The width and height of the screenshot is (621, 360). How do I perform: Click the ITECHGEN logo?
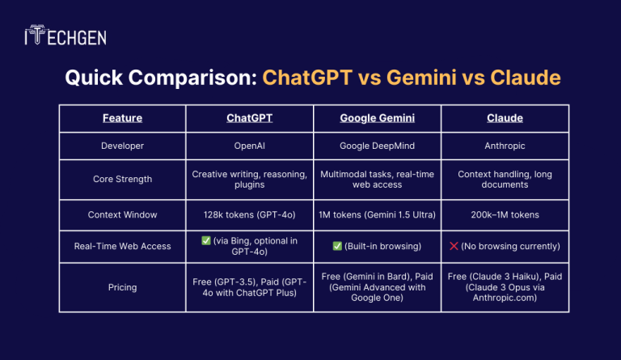pyautogui.click(x=65, y=36)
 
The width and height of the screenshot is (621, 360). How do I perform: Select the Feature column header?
pyautogui.click(x=122, y=118)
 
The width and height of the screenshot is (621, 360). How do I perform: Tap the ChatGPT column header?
pyautogui.click(x=249, y=118)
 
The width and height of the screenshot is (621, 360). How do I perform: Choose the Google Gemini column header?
pyautogui.click(x=377, y=118)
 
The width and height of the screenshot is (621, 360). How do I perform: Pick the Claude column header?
pyautogui.click(x=505, y=118)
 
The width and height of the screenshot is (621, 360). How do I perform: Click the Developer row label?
pyautogui.click(x=122, y=146)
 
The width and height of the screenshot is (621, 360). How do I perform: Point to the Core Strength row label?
pyautogui.click(x=122, y=180)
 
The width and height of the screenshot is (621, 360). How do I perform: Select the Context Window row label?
pyautogui.click(x=122, y=214)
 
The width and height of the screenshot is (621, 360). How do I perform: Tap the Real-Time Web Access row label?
pyautogui.click(x=122, y=246)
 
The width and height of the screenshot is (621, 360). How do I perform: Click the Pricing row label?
pyautogui.click(x=122, y=286)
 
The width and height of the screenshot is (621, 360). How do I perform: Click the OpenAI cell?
pyautogui.click(x=249, y=146)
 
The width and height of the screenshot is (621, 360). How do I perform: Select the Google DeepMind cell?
pyautogui.click(x=377, y=146)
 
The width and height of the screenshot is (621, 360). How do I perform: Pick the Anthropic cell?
pyautogui.click(x=505, y=146)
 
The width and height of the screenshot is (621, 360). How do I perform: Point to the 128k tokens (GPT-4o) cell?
pyautogui.click(x=249, y=214)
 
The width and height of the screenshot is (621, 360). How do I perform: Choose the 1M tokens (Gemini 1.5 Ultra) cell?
pyautogui.click(x=377, y=214)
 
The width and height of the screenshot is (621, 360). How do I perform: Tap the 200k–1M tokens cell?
pyautogui.click(x=505, y=214)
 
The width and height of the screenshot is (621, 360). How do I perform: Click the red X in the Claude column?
pyautogui.click(x=455, y=246)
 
